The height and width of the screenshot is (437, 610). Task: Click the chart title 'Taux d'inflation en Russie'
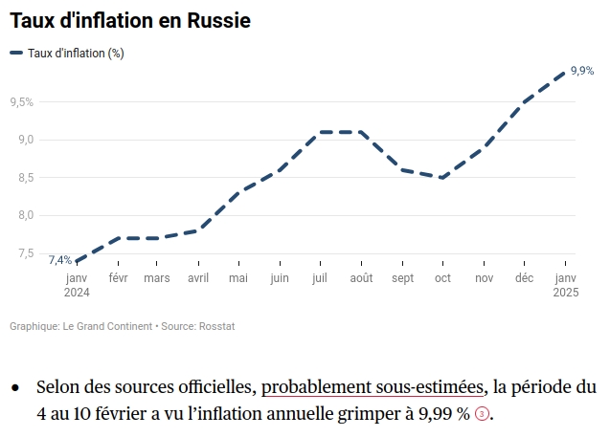click(x=130, y=20)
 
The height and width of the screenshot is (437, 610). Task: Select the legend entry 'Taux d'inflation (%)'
click(x=75, y=54)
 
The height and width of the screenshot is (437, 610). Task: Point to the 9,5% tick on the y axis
click(x=21, y=101)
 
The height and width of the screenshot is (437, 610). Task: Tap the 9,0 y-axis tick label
click(x=24, y=140)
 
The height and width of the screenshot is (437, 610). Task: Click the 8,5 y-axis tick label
click(x=24, y=177)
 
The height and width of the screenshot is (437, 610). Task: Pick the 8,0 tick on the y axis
click(x=24, y=215)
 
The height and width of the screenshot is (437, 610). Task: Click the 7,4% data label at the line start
click(x=59, y=259)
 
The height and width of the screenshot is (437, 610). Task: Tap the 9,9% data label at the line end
click(x=581, y=71)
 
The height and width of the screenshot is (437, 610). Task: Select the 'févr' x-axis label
click(x=118, y=278)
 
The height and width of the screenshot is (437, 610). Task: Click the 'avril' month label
click(x=198, y=278)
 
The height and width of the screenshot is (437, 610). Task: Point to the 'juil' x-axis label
click(x=320, y=278)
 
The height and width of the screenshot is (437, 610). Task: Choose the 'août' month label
click(x=361, y=278)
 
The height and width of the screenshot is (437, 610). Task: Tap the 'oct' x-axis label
click(x=442, y=278)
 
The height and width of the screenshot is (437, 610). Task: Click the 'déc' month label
click(x=524, y=278)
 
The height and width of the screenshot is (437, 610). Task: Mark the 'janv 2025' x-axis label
click(x=566, y=285)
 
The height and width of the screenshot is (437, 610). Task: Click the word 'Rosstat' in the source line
click(x=218, y=326)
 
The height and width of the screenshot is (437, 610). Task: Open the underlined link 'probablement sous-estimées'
click(x=372, y=387)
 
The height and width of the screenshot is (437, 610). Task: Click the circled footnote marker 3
click(x=482, y=415)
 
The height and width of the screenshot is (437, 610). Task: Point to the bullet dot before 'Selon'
click(x=15, y=388)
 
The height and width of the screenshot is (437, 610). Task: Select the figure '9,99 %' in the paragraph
click(x=439, y=414)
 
